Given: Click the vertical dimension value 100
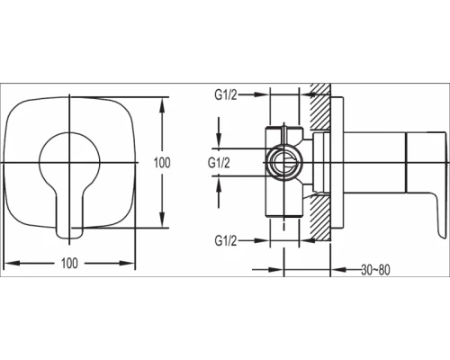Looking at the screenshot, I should [x=162, y=163].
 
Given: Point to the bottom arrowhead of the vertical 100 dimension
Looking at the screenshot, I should [x=162, y=228].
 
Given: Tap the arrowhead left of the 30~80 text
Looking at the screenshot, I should [x=338, y=267].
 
